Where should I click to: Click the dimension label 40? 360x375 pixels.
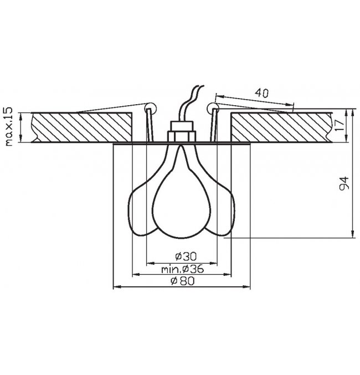click(261, 93)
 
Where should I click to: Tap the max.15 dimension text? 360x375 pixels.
click(8, 126)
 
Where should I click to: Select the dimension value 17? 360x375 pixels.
click(340, 125)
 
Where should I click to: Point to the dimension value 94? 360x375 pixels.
click(344, 183)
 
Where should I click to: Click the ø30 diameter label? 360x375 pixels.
click(186, 256)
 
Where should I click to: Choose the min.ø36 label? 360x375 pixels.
click(183, 269)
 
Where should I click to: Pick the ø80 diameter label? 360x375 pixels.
click(183, 281)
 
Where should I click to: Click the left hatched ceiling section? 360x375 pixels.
click(82, 127)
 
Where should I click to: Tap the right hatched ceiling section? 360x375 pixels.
click(281, 127)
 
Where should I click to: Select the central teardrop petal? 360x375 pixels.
click(181, 194)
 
